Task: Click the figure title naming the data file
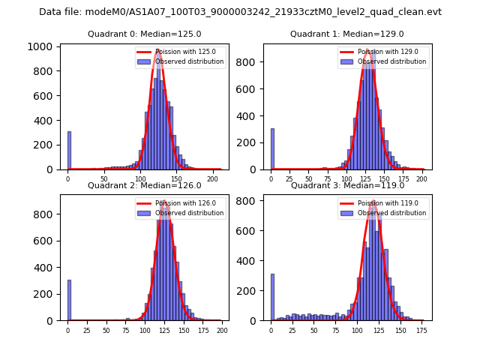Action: (240, 12)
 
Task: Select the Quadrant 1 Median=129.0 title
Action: (346, 34)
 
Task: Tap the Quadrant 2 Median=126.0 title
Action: (145, 185)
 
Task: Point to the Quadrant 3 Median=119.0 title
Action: (347, 185)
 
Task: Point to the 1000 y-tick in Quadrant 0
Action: (40, 46)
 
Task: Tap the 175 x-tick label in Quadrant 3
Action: (422, 330)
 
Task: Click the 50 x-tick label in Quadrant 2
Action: (106, 330)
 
